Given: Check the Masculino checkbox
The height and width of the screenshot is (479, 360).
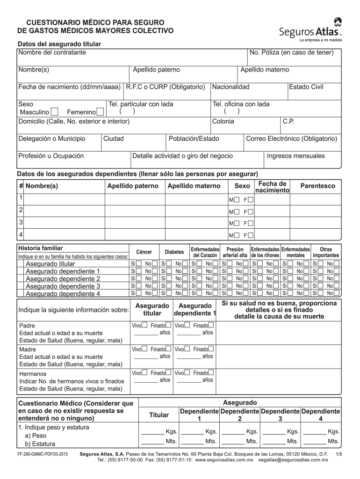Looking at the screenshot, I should [54, 112].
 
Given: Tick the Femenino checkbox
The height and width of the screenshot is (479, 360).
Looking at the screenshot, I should [100, 112].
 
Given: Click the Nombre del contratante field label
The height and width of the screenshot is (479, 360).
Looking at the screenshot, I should [52, 52].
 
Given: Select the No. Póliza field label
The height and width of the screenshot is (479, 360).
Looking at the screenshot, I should [291, 52].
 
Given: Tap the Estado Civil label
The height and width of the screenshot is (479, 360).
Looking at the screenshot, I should [306, 87].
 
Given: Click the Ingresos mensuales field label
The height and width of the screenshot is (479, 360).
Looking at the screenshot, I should [295, 156].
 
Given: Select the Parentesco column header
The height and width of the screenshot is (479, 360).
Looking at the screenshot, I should [318, 186].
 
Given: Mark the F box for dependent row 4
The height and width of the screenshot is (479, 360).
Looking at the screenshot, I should [252, 235].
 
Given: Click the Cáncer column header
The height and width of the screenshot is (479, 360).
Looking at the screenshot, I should [144, 252].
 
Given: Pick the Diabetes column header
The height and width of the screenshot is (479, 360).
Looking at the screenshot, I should [174, 252].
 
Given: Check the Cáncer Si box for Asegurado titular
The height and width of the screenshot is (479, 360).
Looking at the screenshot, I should [139, 264].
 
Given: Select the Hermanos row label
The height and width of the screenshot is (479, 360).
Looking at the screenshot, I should [33, 374].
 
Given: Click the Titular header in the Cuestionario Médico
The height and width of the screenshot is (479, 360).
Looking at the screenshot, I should [159, 415].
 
